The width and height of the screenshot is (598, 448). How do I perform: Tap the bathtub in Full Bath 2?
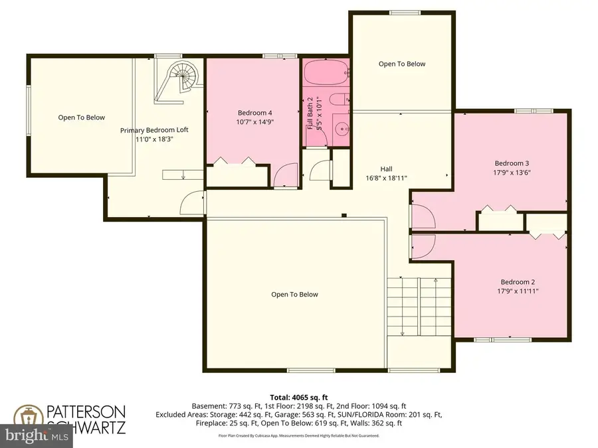[x=326, y=73]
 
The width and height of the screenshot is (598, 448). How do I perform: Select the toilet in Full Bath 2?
[x=338, y=102]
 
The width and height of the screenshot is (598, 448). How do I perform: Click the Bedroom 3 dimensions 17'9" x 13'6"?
[x=512, y=173]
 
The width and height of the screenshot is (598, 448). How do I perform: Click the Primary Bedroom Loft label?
[x=154, y=130]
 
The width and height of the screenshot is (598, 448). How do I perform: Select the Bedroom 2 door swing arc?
[x=423, y=247]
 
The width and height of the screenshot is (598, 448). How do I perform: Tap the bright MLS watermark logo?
[x=40, y=437]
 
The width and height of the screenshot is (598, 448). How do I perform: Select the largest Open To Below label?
[x=294, y=295]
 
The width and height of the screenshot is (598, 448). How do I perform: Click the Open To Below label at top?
[x=401, y=64]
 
